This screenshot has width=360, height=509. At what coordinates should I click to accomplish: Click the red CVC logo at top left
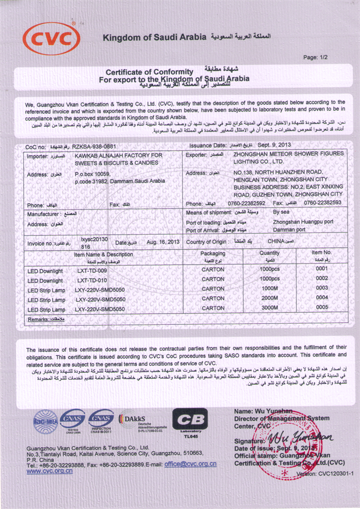pos(51,38)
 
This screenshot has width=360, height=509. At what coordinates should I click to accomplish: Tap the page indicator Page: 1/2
pos(315,57)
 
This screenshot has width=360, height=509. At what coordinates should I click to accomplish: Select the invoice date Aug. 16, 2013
pos(162,242)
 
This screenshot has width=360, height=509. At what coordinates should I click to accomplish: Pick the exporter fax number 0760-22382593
pos(322,202)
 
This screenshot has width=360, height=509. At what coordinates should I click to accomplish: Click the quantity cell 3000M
pos(269,308)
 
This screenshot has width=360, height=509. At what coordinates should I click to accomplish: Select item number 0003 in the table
pos(322,288)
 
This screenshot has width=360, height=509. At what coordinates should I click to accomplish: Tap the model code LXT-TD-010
pos(92,280)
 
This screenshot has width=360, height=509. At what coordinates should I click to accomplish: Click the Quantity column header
pos(269,253)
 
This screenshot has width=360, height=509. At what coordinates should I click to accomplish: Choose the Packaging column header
pos(213,253)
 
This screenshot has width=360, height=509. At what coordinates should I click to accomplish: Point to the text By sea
pos(282,212)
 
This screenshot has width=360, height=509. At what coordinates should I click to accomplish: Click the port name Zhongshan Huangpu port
pos(303,222)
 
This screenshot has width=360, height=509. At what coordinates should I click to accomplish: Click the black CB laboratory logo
pos(190,422)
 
